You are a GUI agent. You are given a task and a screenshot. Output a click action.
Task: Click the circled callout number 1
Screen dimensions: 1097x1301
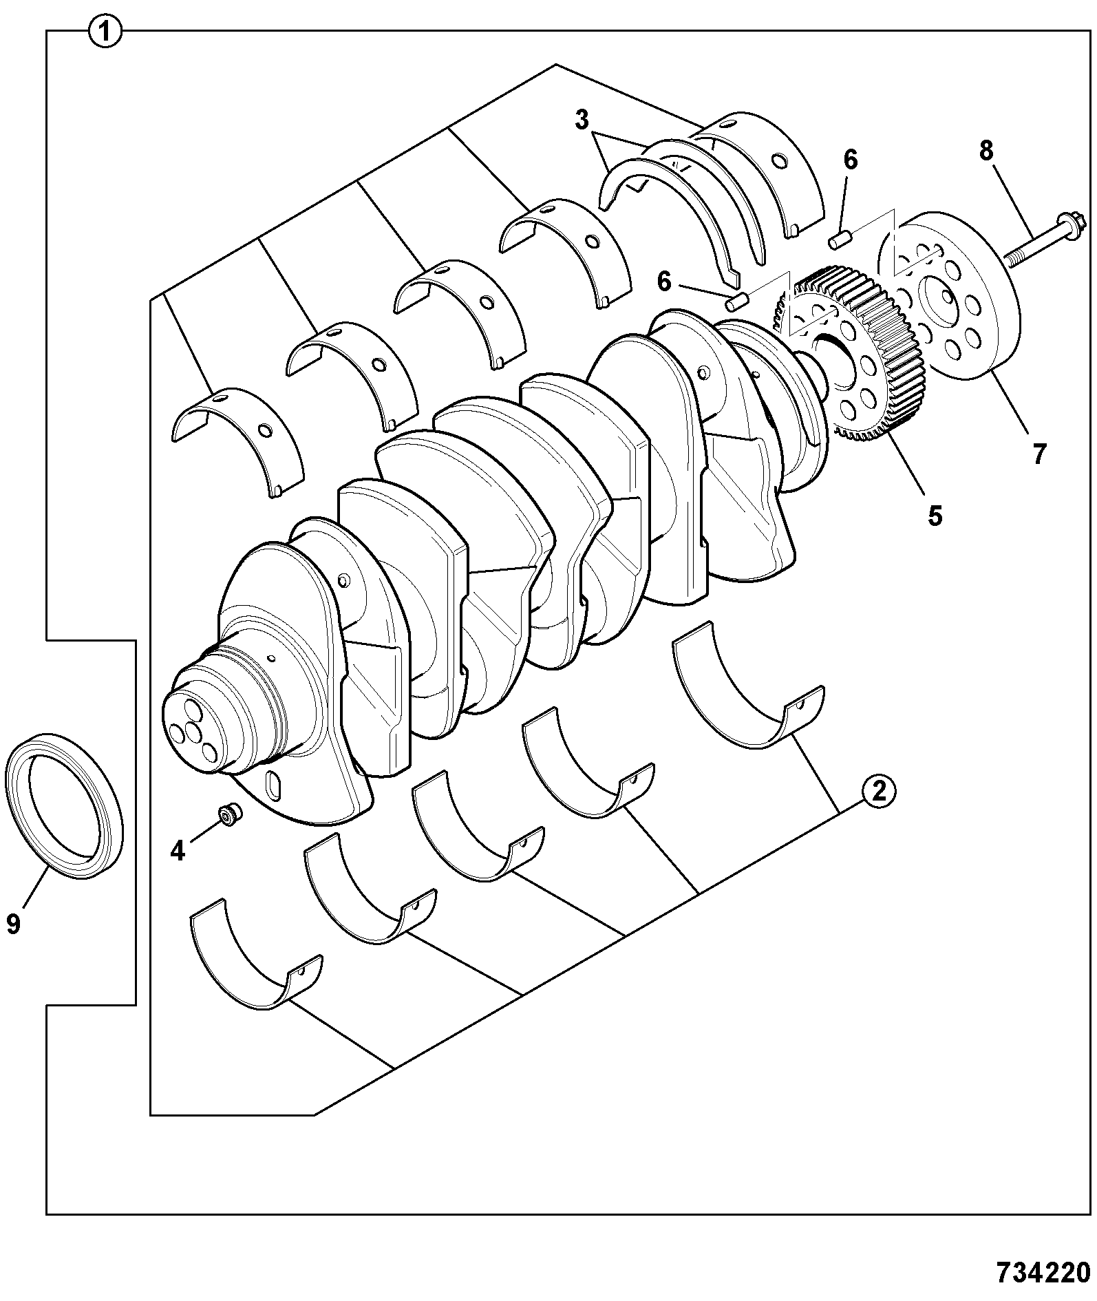coord(105,32)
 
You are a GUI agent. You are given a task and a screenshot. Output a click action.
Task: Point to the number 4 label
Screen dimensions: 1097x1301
coord(178,851)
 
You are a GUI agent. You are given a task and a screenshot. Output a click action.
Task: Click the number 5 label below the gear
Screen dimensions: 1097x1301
coord(934,516)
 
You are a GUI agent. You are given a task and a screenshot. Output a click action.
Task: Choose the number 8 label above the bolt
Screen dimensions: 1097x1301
coord(986,151)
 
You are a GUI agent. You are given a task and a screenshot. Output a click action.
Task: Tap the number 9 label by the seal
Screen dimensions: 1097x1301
coord(13,923)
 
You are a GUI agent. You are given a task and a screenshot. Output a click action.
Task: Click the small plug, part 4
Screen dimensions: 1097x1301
coord(228,813)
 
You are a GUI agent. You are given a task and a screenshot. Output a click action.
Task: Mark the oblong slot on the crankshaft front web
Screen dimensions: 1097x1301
coord(273,787)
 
